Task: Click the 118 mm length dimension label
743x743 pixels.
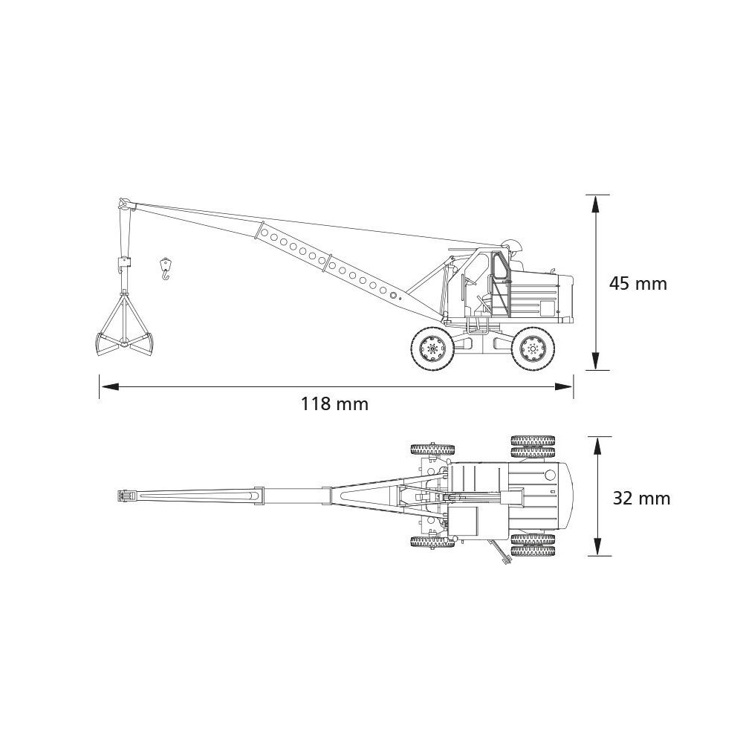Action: click(x=334, y=404)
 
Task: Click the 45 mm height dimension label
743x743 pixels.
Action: click(x=637, y=283)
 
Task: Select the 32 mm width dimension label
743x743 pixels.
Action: click(x=642, y=499)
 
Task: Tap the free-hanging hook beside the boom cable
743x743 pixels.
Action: click(x=165, y=269)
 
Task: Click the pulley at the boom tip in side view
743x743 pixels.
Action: click(x=124, y=204)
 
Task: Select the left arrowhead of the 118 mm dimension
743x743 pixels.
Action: click(x=109, y=387)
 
